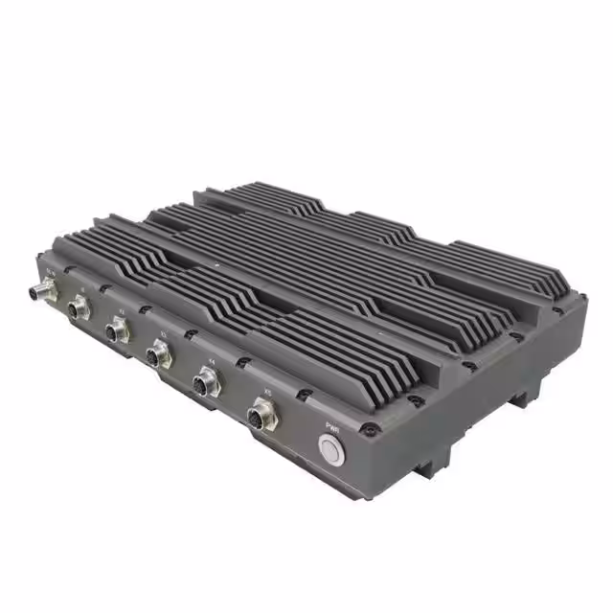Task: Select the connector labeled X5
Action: point(260,417)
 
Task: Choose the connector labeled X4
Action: point(207,385)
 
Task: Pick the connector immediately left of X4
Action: point(158,357)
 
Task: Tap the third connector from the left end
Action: point(117,331)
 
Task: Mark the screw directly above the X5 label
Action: point(299,393)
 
